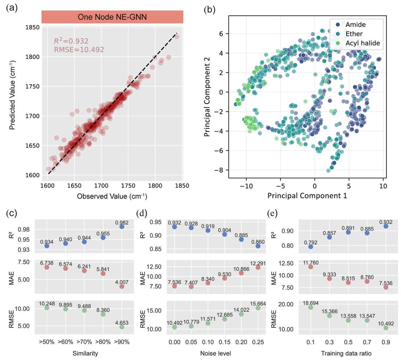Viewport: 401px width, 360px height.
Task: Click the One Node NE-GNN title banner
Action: (x=112, y=17)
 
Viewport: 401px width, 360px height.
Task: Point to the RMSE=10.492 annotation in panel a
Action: (x=79, y=49)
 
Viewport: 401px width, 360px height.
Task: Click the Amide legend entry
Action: (x=350, y=25)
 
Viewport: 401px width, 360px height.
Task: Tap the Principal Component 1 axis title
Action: (x=307, y=196)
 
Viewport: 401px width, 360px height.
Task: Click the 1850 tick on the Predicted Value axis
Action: (x=32, y=27)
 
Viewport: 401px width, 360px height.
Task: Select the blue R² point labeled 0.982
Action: (x=122, y=227)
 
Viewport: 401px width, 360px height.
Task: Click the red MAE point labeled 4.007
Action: (x=122, y=286)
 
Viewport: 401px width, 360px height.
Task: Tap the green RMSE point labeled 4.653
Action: (x=122, y=327)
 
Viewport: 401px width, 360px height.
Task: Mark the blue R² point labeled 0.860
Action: (x=258, y=246)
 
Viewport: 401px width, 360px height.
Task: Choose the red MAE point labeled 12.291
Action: (x=258, y=267)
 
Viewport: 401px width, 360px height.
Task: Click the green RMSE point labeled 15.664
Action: (x=258, y=308)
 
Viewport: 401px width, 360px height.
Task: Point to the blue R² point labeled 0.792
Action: (x=310, y=247)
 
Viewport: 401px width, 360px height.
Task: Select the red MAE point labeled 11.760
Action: (x=310, y=267)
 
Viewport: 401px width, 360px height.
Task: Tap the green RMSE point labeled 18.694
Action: (x=310, y=307)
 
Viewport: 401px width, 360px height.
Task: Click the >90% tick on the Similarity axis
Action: (x=122, y=342)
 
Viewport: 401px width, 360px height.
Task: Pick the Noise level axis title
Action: (x=216, y=353)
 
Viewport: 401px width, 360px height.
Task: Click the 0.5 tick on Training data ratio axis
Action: (x=348, y=342)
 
